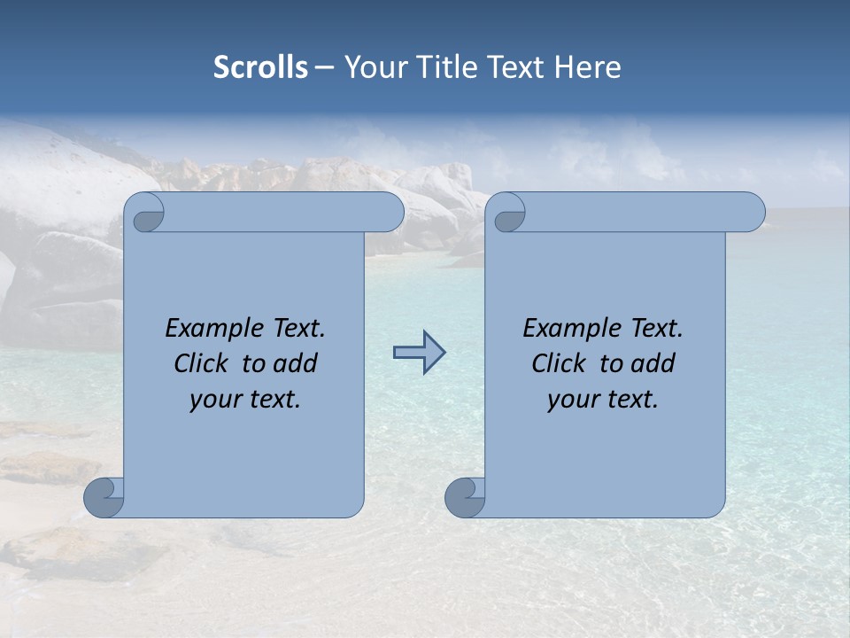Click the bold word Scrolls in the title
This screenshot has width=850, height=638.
pos(260,67)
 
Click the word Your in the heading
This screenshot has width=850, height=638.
pos(372,67)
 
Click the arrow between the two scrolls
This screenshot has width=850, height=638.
pos(419,353)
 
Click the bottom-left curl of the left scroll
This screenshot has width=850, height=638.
pos(104,497)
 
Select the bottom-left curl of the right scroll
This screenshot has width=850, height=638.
pos(465,497)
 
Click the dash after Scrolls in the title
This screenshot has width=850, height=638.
pos(323,67)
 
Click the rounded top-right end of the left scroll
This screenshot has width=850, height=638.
pos(390,213)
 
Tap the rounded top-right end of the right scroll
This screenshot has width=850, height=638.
pos(751,213)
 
